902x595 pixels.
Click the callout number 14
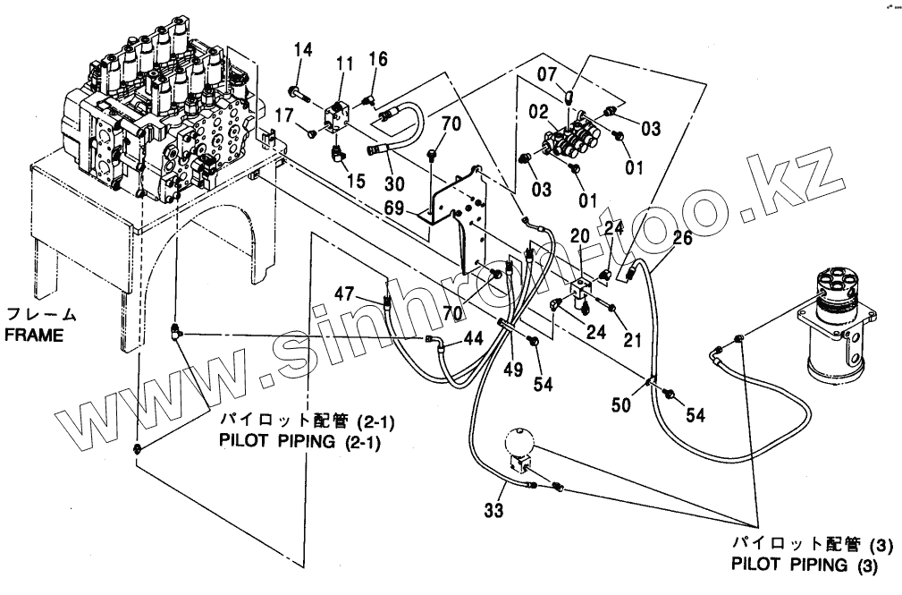coord(303,50)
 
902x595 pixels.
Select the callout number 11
coord(345,64)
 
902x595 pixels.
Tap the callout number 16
coord(378,60)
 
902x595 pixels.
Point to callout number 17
coord(284,115)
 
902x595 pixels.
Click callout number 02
coord(537,113)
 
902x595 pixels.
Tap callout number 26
coord(683,239)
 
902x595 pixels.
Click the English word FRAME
coord(31,336)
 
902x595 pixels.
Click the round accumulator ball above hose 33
coord(517,441)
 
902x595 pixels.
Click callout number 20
coord(579,235)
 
